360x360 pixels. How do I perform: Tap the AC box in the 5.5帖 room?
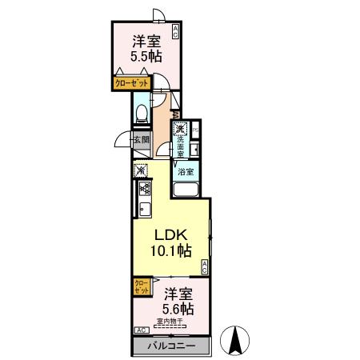(x=175, y=31)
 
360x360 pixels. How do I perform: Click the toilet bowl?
(x=141, y=113)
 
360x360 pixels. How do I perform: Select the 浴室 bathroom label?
(x=184, y=172)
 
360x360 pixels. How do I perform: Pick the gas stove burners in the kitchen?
(x=146, y=190)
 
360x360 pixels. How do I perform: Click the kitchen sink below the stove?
(x=146, y=211)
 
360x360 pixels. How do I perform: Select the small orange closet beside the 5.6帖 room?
(x=141, y=286)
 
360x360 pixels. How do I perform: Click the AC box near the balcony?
(x=141, y=330)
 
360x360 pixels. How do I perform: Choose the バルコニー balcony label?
(x=170, y=346)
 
